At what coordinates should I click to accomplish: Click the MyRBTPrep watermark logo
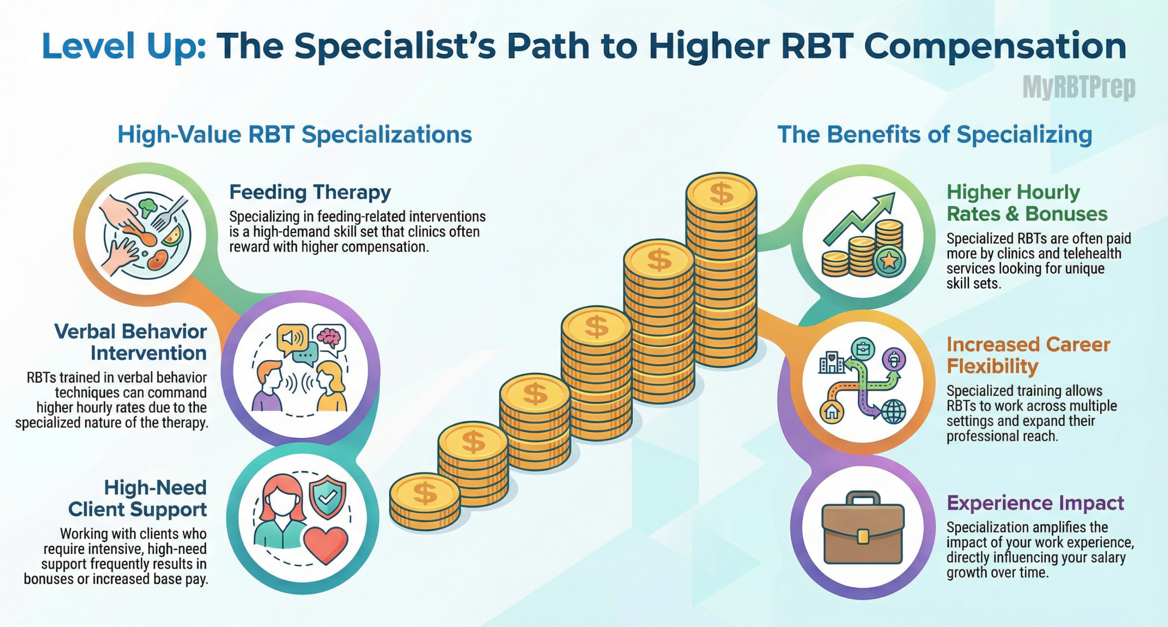pos(1079,87)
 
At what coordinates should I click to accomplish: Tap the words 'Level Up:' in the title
pos(123,47)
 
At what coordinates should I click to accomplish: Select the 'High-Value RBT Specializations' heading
pos(295,135)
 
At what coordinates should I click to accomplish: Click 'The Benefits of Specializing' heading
pos(935,135)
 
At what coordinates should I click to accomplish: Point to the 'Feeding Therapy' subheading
pos(310,192)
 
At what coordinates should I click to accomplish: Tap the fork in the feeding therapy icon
pos(169,213)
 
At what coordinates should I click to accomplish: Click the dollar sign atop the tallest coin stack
pos(721,193)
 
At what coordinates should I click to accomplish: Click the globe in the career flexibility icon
pos(893,412)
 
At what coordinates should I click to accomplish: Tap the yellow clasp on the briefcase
pos(863,537)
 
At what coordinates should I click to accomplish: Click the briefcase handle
pos(863,499)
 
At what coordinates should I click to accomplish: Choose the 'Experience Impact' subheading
pos(1035,503)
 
